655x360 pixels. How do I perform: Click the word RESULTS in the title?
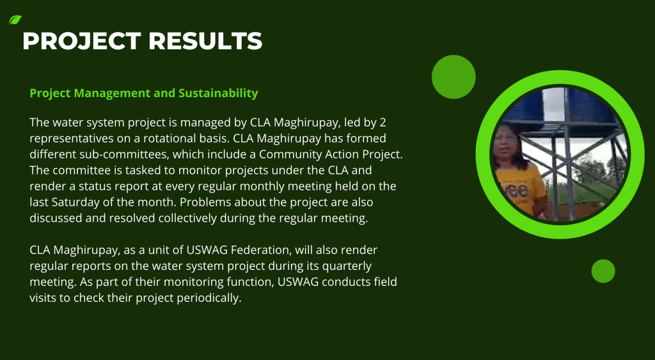coord(205,41)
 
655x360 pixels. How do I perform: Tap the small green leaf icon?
coord(15,20)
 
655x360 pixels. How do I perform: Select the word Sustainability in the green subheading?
coord(218,93)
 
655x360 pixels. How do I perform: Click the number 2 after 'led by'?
coord(383,122)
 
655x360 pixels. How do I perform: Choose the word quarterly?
coord(347,266)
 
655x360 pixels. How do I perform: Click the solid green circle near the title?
coord(454,77)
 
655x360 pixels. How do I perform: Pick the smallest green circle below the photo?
coord(603,271)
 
